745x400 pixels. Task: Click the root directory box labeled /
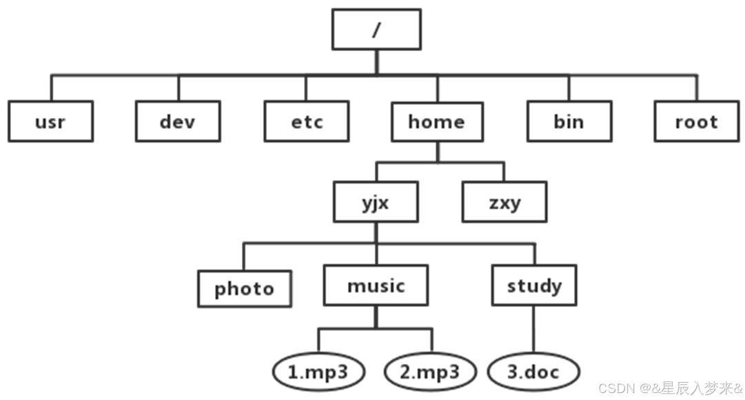coord(376,30)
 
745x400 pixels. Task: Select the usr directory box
coord(51,122)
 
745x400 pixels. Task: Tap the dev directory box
coord(178,122)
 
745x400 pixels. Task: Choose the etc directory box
coord(306,122)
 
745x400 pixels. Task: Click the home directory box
coord(437,122)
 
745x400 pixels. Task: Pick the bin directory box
coord(569,122)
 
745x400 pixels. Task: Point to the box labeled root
coord(696,122)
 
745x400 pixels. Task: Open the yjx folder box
coord(376,203)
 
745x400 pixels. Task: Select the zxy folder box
coord(504,203)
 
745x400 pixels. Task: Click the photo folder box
coord(244,288)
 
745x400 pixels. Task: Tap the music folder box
coord(376,286)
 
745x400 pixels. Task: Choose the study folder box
coord(534,286)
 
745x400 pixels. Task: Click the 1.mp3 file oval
coord(318,372)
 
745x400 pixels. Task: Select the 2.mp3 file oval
coord(430,372)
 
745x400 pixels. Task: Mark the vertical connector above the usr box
coord(51,88)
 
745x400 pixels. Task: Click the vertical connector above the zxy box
coord(504,173)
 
